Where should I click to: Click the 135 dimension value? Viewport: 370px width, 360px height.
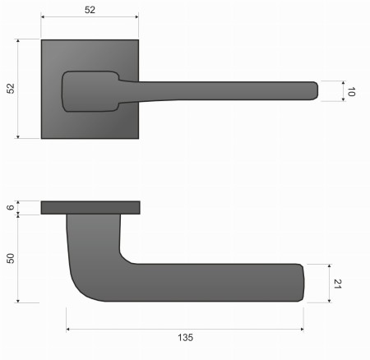184,337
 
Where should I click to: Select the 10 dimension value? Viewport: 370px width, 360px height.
350,91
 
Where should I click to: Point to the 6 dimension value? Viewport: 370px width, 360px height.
11,207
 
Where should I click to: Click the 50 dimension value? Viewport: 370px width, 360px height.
11,257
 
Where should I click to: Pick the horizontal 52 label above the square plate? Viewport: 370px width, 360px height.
90,10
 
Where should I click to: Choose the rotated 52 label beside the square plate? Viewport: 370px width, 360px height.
11,88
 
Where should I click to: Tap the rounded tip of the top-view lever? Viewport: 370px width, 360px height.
313,90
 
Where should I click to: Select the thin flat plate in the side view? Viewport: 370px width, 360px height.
90,207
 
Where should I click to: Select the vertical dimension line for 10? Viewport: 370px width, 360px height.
342,90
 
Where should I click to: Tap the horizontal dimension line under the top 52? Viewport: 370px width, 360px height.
90,18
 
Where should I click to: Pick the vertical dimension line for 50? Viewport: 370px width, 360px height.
18,257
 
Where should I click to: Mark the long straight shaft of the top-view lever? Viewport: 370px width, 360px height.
222,90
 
